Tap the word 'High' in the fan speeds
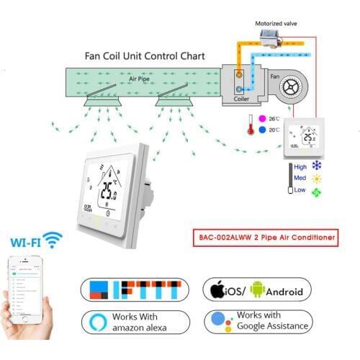(301, 166)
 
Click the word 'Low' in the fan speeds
(300, 192)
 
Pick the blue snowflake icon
(317, 166)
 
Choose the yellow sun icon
(317, 179)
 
